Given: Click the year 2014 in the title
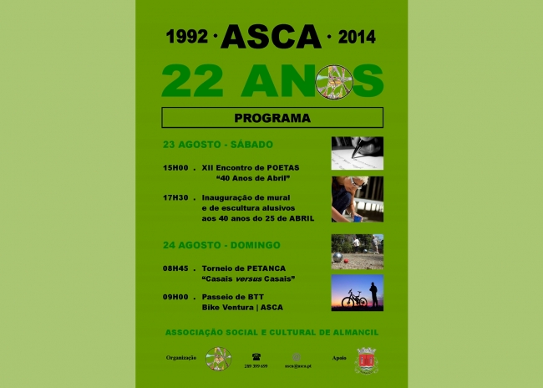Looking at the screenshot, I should pos(356,38).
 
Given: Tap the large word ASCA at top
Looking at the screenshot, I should pos(271,37).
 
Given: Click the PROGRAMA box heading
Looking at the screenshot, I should pos(271,118).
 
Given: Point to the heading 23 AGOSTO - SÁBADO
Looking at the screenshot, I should pos(218,145).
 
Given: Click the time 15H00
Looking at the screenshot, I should pos(180,168).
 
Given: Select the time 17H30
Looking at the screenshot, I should pos(180,197).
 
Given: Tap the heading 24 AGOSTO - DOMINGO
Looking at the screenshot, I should pos(221,245).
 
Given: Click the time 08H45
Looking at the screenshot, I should pos(180,268).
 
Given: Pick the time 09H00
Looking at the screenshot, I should pos(180,297).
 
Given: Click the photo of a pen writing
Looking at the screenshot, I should pos(357,153).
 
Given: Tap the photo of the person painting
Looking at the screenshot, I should pos(357,199).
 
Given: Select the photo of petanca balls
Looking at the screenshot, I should pos(357,251).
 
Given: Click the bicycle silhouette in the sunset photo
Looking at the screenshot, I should pos(354,299).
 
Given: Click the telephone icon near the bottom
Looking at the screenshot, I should pos(256,355).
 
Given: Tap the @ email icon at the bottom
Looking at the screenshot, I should pos(297,356).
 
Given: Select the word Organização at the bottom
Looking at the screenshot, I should pos(181,357).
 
